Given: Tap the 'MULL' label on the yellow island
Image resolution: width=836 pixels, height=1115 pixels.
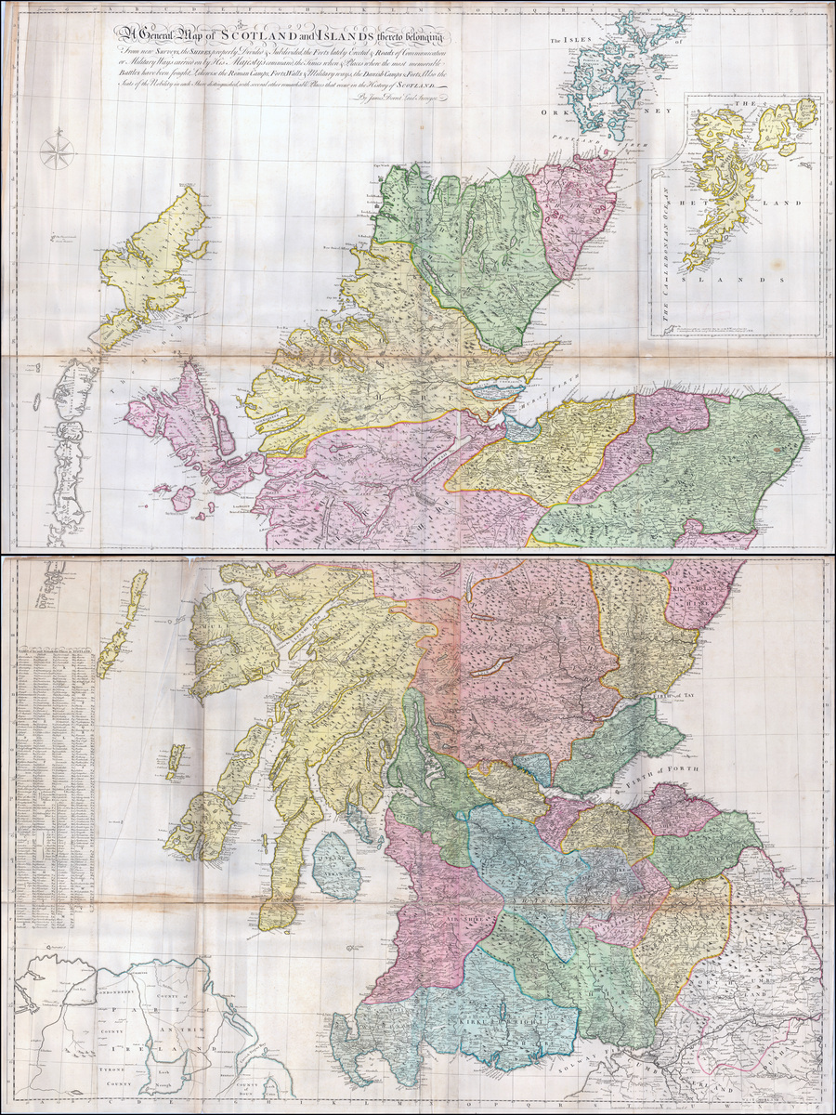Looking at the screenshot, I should [x=209, y=635].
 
